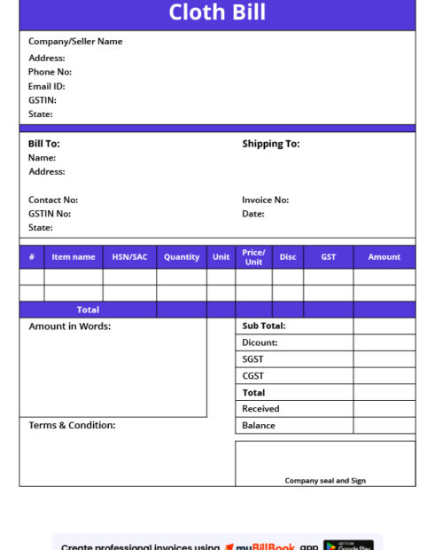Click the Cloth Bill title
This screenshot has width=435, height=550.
click(x=217, y=12)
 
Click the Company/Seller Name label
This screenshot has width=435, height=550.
click(x=75, y=42)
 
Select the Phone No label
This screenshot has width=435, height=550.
click(x=50, y=72)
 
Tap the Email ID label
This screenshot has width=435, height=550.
click(x=46, y=86)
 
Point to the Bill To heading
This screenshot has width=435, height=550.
click(x=43, y=144)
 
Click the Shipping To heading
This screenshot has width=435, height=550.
click(x=270, y=144)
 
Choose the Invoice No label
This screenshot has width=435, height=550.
click(x=265, y=200)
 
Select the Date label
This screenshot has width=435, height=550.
click(x=252, y=214)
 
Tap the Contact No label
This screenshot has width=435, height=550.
click(x=52, y=200)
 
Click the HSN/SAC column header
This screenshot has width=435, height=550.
click(x=129, y=257)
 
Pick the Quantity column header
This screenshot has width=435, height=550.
click(x=182, y=257)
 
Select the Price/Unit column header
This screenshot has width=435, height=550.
click(x=253, y=257)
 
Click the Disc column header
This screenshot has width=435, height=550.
click(x=288, y=257)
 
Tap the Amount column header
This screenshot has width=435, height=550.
click(x=384, y=257)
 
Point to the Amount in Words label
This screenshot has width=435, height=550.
click(x=69, y=326)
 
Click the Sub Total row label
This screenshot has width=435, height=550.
click(x=263, y=326)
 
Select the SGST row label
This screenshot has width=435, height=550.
click(x=252, y=359)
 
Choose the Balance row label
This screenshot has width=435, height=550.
click(x=258, y=426)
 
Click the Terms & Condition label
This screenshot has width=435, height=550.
click(x=72, y=426)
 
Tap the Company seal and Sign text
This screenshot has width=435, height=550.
click(x=325, y=481)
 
